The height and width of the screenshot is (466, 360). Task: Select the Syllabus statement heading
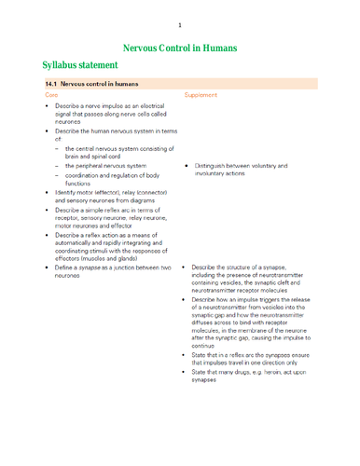[x=80, y=65]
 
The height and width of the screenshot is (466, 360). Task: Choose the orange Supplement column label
[x=201, y=96]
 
